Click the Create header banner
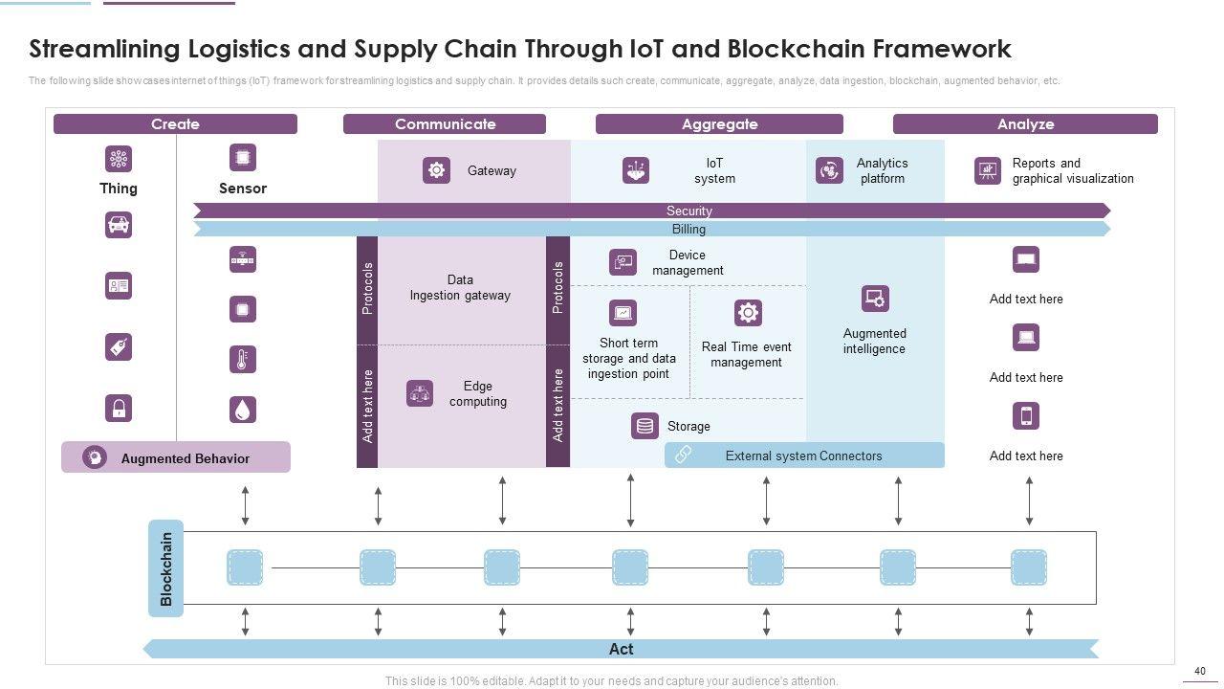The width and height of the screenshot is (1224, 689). click(x=175, y=124)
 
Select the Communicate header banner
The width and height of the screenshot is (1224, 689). click(x=445, y=124)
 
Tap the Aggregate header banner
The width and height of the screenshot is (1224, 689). click(x=719, y=124)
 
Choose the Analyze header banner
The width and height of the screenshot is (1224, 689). click(x=1025, y=124)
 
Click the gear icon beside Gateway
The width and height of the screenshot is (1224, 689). click(x=436, y=170)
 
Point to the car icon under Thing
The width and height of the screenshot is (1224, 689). click(x=119, y=225)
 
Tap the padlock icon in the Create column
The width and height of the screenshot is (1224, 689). click(x=119, y=409)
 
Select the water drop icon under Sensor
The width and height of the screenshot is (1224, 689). click(x=243, y=409)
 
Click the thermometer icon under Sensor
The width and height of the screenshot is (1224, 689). click(x=243, y=360)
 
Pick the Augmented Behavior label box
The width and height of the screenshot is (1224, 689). click(x=176, y=457)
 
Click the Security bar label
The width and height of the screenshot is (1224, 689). click(x=688, y=211)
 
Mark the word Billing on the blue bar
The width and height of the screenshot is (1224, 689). click(x=688, y=230)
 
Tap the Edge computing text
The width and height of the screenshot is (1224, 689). click(x=478, y=394)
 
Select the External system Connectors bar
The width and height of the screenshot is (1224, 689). click(x=804, y=456)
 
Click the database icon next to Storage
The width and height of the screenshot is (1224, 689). click(x=645, y=426)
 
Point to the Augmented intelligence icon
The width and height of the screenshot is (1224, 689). click(x=875, y=299)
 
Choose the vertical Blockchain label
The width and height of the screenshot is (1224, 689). click(x=166, y=568)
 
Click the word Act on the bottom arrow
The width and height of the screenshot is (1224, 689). click(x=621, y=649)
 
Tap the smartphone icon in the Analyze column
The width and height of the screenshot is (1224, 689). click(x=1026, y=416)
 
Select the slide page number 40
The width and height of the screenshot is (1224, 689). click(x=1200, y=672)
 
